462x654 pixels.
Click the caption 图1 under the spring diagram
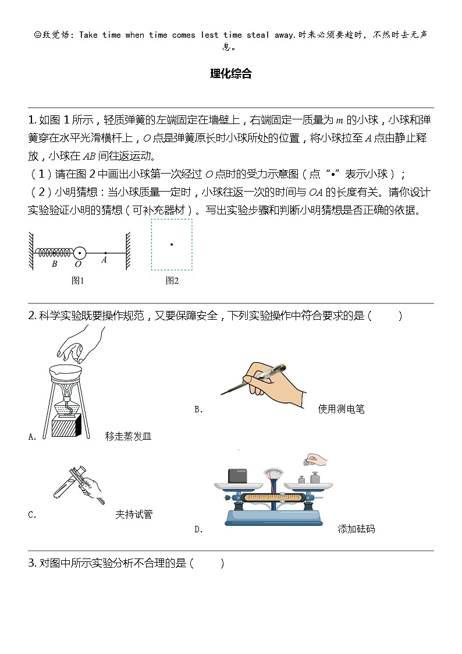click(77, 281)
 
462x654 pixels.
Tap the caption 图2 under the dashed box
click(172, 281)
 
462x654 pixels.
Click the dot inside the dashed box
click(172, 245)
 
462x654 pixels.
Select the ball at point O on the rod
click(80, 253)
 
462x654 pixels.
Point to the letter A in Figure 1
click(104, 260)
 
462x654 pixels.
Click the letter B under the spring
click(54, 264)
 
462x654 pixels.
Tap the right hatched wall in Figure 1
click(126, 250)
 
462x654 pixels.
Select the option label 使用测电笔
click(341, 409)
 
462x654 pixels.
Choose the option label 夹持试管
click(134, 514)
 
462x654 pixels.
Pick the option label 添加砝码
click(356, 529)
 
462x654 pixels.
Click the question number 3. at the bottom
click(33, 563)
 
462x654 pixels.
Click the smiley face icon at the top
click(38, 35)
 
